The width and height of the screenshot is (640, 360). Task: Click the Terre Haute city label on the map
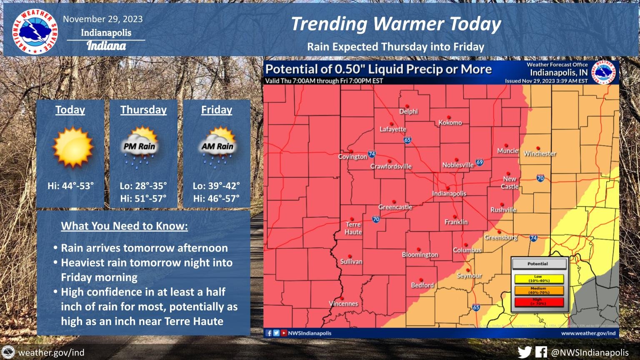(353, 228)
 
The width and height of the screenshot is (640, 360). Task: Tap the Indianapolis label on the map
(449, 193)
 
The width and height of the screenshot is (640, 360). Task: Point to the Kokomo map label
(450, 122)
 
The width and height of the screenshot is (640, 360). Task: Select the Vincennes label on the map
(344, 304)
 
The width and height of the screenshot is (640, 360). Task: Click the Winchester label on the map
(540, 153)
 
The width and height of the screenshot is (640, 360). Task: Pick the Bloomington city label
(420, 255)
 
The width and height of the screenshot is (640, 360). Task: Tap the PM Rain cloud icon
(140, 146)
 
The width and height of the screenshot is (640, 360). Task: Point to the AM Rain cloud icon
(217, 146)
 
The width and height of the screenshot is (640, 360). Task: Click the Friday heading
(217, 110)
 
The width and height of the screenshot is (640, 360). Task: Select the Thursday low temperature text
(143, 186)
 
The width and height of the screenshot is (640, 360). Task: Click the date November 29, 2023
(103, 19)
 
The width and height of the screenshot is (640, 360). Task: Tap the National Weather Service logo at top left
(35, 31)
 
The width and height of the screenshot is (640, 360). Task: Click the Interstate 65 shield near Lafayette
(407, 140)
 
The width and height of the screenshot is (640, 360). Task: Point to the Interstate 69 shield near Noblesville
(480, 162)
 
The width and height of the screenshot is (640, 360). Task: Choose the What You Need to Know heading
(124, 226)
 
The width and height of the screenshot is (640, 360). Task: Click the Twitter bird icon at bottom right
(525, 352)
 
